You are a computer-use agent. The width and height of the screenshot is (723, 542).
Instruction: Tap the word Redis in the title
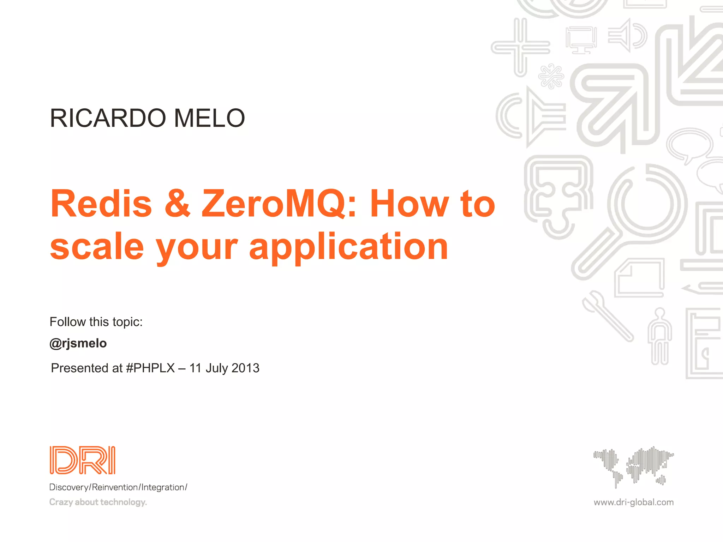(101, 204)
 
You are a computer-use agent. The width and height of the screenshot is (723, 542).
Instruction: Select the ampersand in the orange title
(178, 204)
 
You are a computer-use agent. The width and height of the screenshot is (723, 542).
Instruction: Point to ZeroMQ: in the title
(279, 204)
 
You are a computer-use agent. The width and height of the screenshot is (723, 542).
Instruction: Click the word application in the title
(348, 247)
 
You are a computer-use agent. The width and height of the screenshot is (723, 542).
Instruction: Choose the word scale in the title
(97, 247)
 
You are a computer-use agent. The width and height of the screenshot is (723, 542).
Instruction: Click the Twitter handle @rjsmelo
(78, 343)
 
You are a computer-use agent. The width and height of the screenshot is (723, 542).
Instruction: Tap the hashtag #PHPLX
(150, 368)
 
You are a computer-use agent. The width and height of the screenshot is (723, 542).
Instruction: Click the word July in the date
(217, 368)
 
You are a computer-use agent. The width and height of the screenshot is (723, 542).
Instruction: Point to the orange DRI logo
(83, 460)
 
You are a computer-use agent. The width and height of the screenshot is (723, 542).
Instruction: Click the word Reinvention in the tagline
(115, 487)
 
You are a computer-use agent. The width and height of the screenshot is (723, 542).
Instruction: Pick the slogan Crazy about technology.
(98, 502)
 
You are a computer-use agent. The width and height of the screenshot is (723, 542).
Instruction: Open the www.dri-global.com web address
(633, 502)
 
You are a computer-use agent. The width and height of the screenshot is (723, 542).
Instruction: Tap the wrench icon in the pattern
(607, 316)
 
